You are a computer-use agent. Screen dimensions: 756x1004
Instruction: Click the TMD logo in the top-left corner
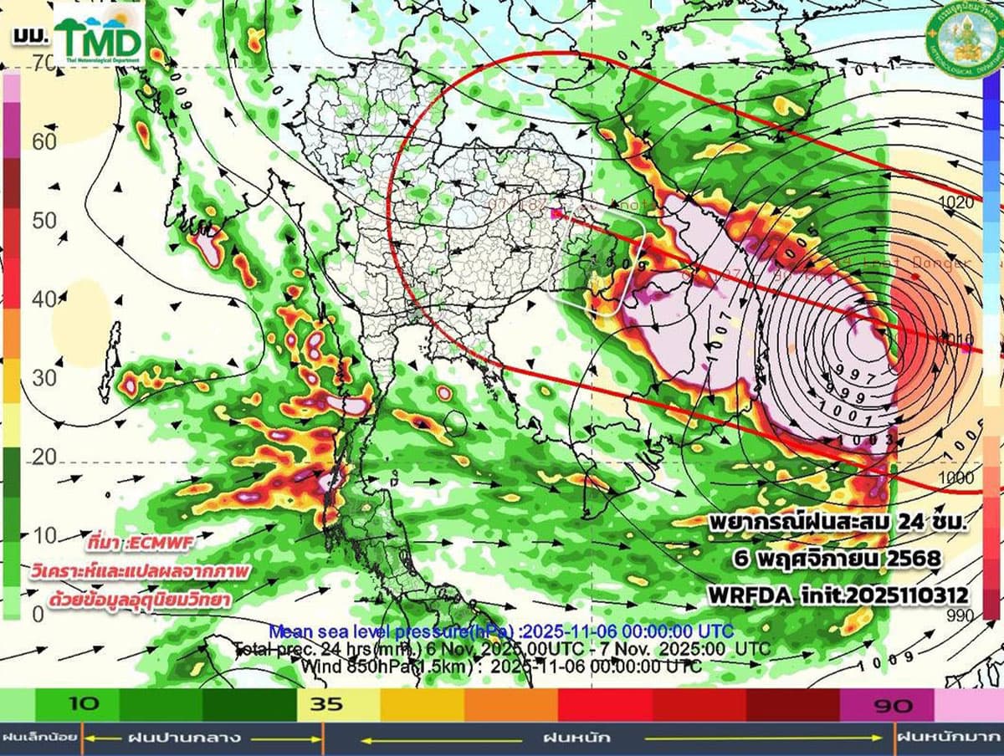(99, 35)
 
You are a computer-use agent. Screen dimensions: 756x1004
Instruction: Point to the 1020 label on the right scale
(955, 202)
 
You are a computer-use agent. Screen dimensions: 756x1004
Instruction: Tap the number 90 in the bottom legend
(893, 706)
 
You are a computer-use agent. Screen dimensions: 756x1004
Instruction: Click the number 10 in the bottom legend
(85, 704)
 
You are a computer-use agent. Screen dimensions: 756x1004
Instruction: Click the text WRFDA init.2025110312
(838, 595)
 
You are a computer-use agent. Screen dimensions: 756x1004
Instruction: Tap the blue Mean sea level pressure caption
(501, 630)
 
